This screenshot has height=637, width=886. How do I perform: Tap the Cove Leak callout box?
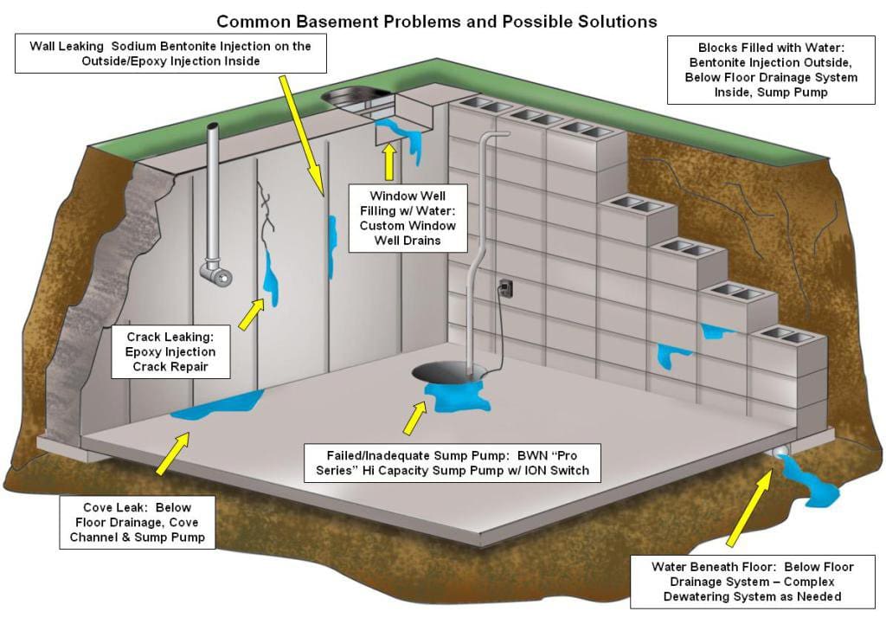point(138,522)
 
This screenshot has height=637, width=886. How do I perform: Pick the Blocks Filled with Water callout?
point(773,69)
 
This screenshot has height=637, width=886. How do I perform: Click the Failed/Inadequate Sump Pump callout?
point(457,462)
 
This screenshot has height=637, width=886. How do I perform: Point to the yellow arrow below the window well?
point(389,161)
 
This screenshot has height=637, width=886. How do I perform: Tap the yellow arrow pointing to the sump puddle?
point(414,418)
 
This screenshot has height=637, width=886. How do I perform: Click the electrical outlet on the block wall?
point(506,286)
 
